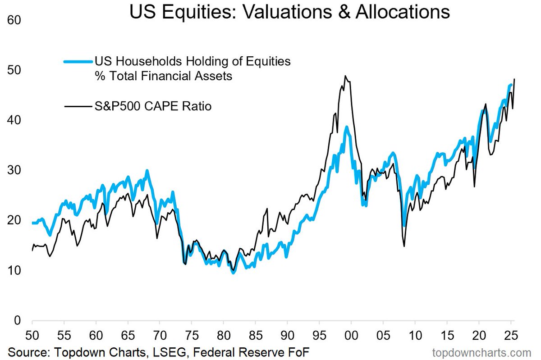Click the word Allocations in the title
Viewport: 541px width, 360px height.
403,12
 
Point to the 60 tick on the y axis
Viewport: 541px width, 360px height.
14,20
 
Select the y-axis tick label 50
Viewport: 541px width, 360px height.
14,70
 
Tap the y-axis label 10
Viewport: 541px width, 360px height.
14,271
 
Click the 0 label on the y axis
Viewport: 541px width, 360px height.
18,321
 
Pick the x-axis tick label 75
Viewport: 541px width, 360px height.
192,335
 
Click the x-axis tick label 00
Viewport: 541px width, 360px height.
351,335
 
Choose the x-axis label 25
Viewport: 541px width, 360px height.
511,335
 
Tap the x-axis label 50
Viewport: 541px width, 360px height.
32,335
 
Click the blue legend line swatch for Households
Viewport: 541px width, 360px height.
78,62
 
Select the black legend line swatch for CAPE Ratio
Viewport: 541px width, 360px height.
78,106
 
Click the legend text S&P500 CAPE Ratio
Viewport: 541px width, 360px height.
153,106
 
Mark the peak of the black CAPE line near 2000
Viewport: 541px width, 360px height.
345,76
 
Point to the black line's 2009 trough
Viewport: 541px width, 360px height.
404,246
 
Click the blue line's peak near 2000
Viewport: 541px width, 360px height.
347,127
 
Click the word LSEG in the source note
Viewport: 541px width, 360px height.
170,352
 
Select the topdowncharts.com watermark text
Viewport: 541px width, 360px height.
482,353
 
